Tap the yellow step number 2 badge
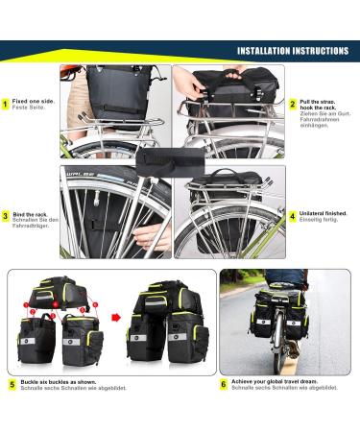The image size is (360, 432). (293, 103)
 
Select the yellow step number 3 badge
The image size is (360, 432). (8, 217)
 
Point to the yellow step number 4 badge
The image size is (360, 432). (293, 216)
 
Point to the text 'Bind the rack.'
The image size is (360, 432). (32, 214)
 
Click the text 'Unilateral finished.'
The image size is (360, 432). (324, 214)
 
